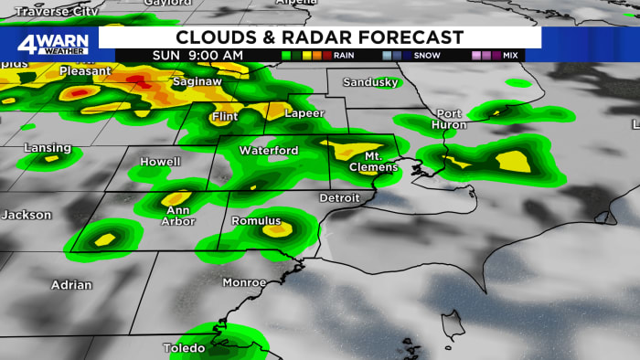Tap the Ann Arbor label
click(x=177, y=215)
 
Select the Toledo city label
click(x=185, y=348)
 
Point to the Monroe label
click(x=245, y=282)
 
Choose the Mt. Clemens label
click(x=376, y=162)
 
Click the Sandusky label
click(x=370, y=82)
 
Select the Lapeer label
click(x=304, y=114)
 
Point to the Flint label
click(x=224, y=117)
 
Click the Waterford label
click(x=268, y=150)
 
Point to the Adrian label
click(x=71, y=285)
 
